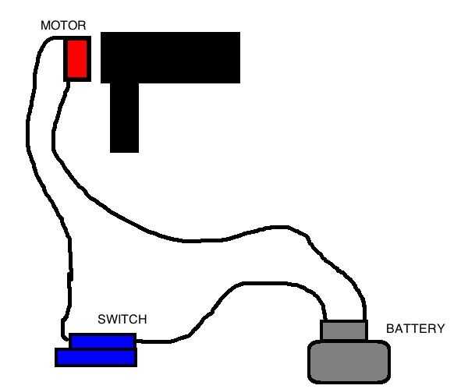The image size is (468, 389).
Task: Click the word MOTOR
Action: [x=63, y=26]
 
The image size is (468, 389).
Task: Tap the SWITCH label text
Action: [x=122, y=320]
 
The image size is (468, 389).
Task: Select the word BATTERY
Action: [x=415, y=329]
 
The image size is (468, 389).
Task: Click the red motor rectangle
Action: [x=76, y=58]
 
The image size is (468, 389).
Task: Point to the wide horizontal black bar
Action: [x=170, y=57]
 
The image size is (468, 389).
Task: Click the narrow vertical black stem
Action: [x=124, y=117]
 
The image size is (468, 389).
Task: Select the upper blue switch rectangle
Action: [x=102, y=341]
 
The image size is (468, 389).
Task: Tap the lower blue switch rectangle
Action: [x=95, y=357]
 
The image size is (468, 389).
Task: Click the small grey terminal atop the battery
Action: [x=344, y=331]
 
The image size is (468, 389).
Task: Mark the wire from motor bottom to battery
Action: [x=195, y=235]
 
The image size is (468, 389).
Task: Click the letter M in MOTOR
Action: [x=45, y=26]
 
